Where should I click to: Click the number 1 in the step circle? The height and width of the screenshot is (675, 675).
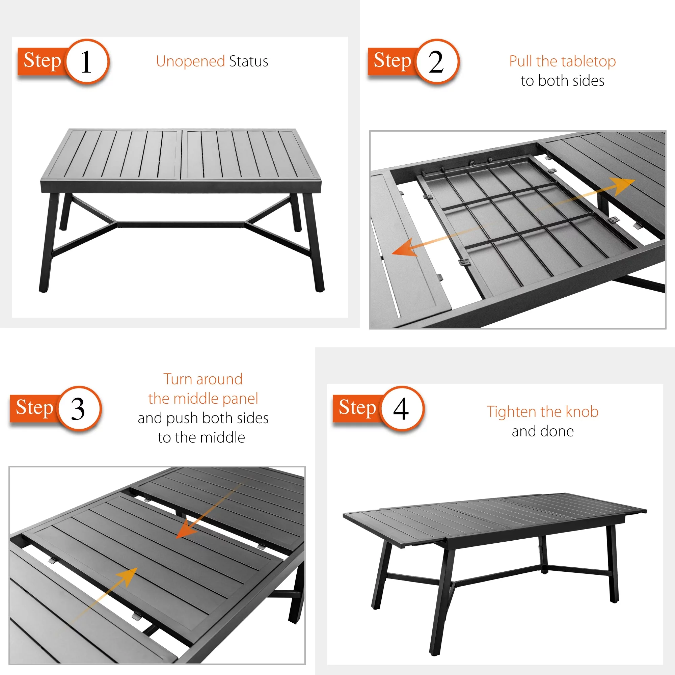(x=86, y=62)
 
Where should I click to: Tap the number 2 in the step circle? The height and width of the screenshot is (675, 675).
(x=436, y=62)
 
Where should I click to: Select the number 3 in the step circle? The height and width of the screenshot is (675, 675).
(x=78, y=409)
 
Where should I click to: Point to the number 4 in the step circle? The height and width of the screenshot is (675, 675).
(x=401, y=409)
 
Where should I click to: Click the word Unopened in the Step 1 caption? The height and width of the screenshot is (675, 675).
(x=190, y=62)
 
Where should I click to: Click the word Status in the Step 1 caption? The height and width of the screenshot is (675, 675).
(x=249, y=61)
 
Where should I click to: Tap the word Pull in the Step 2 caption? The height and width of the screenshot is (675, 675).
(x=521, y=61)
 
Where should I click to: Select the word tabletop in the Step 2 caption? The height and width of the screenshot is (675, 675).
(x=589, y=62)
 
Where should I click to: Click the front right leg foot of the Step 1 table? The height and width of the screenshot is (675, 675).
(x=319, y=289)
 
